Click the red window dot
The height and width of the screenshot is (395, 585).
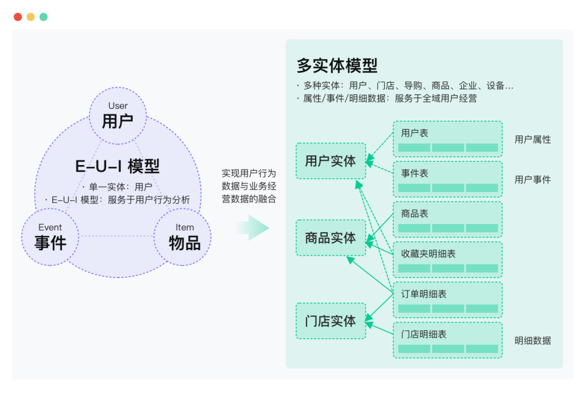pyautogui.click(x=18, y=17)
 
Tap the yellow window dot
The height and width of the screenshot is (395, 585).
pyautogui.click(x=31, y=17)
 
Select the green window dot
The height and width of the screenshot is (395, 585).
pyautogui.click(x=43, y=17)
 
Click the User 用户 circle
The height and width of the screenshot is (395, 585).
pyautogui.click(x=118, y=116)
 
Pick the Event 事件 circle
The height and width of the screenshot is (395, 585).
pyautogui.click(x=50, y=237)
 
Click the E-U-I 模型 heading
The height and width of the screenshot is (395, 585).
pyautogui.click(x=118, y=166)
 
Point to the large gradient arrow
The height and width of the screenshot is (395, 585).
pyautogui.click(x=253, y=227)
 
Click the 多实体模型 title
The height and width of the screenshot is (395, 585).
pyautogui.click(x=337, y=65)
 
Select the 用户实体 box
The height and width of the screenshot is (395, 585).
pyautogui.click(x=330, y=161)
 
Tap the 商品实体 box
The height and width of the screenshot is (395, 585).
pyautogui.click(x=330, y=238)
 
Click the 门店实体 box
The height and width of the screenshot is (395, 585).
pyautogui.click(x=330, y=321)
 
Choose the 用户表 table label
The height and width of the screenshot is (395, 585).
pyautogui.click(x=415, y=133)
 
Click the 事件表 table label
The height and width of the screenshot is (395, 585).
pyautogui.click(x=415, y=173)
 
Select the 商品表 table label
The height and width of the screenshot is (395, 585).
pyautogui.click(x=415, y=214)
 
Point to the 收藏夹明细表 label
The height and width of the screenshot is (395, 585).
pyautogui.click(x=428, y=254)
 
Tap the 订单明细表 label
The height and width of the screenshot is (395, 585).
pyautogui.click(x=424, y=294)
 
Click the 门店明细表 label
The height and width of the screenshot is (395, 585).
pyautogui.click(x=424, y=334)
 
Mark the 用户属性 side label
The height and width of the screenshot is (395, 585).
pyautogui.click(x=532, y=140)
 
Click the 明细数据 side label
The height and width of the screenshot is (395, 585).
pyautogui.click(x=532, y=340)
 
